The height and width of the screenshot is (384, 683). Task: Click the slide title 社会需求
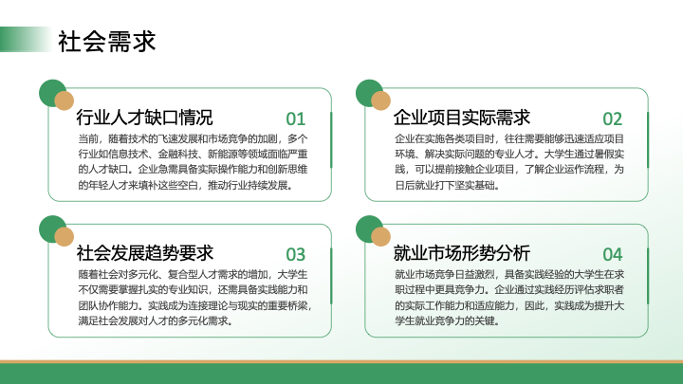(106, 42)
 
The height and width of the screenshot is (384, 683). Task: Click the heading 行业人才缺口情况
(144, 118)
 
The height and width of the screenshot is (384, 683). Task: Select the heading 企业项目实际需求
(462, 118)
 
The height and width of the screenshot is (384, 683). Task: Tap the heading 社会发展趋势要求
(144, 253)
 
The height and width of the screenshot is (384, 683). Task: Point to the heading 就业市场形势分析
(462, 253)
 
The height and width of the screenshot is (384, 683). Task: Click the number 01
(296, 119)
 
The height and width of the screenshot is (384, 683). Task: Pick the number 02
(613, 119)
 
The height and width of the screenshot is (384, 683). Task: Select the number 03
(296, 254)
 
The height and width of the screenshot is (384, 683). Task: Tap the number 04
(613, 254)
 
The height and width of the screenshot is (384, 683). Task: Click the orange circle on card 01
(65, 101)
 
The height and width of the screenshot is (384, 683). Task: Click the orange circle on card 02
(380, 101)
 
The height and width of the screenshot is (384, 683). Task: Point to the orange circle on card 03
(65, 236)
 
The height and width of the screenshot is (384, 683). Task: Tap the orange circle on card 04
(380, 236)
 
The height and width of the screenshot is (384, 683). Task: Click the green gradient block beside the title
(26, 39)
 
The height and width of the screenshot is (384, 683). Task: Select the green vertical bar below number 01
(331, 139)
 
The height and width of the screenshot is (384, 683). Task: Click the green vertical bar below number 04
(648, 276)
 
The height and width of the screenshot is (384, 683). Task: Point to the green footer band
(341, 374)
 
